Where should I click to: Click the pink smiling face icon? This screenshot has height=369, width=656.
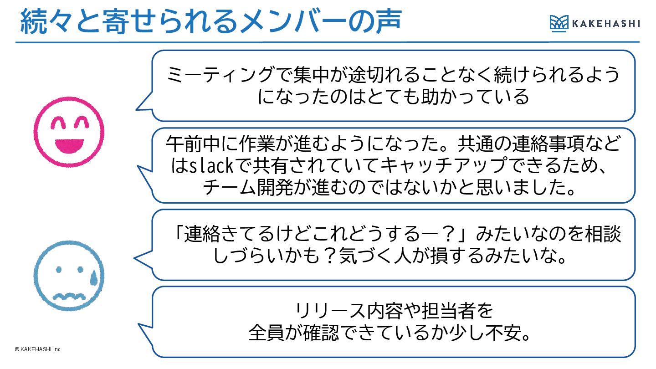point(69,132)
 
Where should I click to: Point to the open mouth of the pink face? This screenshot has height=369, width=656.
point(69,145)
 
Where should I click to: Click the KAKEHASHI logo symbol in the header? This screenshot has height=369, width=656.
point(559,23)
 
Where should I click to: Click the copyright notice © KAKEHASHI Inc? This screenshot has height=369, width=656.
point(38,349)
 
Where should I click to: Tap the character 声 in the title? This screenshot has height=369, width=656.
point(384,21)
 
